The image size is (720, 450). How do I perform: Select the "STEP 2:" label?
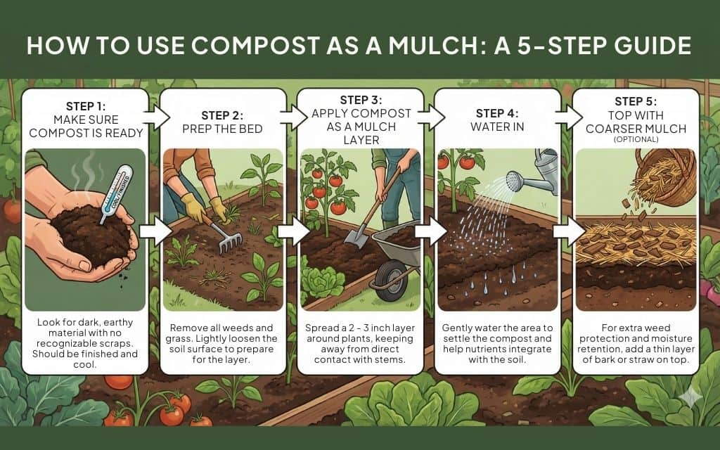tap(221, 115)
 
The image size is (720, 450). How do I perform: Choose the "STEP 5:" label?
tap(636, 101)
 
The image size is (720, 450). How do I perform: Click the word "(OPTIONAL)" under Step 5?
tap(636, 139)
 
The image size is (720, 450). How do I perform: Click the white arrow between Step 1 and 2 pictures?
tap(155, 231)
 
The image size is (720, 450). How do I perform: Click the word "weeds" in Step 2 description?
tap(238, 328)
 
